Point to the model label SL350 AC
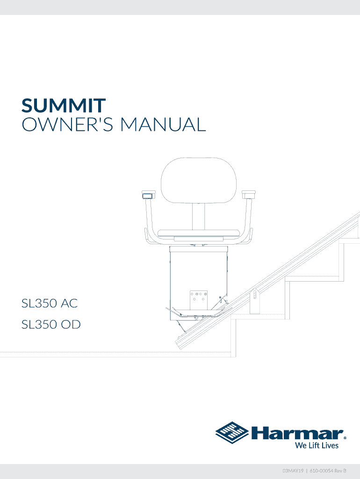click(50, 304)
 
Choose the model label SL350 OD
click(51, 324)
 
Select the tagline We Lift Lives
click(317, 445)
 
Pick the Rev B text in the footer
click(346, 469)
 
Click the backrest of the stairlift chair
click(199, 181)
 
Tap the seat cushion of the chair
click(199, 232)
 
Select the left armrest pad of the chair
click(148, 194)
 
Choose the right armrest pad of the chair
click(248, 193)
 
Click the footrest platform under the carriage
click(199, 312)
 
